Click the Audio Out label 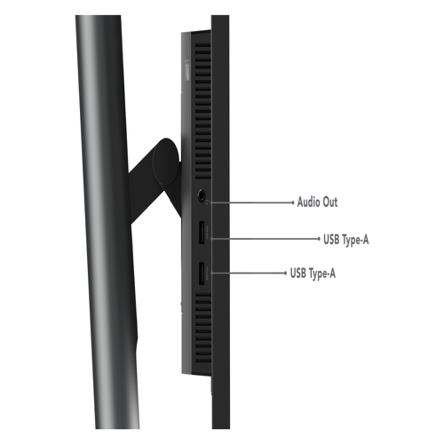click(x=317, y=202)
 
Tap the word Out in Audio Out click(x=329, y=202)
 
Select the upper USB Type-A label click(x=346, y=239)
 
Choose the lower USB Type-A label click(x=313, y=273)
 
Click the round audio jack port click(x=202, y=195)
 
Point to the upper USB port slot click(x=202, y=233)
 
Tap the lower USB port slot click(x=202, y=274)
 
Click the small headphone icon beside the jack click(x=208, y=202)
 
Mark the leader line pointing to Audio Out click(x=252, y=202)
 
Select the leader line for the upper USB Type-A click(x=266, y=238)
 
